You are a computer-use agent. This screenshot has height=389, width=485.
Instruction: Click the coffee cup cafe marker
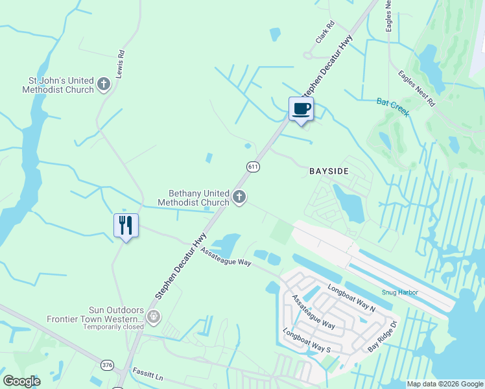301,109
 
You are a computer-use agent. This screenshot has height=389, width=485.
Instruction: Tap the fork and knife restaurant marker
126,225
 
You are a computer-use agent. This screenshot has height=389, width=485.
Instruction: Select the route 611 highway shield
254,167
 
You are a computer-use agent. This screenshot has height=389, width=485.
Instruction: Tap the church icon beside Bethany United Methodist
239,197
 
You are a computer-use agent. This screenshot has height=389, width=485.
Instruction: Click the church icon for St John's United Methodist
104,84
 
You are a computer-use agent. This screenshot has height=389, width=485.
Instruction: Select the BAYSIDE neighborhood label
329,171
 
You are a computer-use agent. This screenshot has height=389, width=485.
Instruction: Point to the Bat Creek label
393,107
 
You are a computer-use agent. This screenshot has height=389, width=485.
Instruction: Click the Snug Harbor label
399,292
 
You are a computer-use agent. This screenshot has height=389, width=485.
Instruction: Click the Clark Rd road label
325,32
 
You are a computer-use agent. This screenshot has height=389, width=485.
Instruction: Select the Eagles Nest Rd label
416,88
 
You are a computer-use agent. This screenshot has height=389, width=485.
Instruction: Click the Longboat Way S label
307,340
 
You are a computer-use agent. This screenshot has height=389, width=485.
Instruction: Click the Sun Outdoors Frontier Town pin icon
154,317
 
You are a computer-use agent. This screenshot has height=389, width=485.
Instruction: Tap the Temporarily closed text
113,327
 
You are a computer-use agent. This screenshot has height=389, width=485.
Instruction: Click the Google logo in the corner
21,381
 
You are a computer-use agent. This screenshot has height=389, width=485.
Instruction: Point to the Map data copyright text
445,384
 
